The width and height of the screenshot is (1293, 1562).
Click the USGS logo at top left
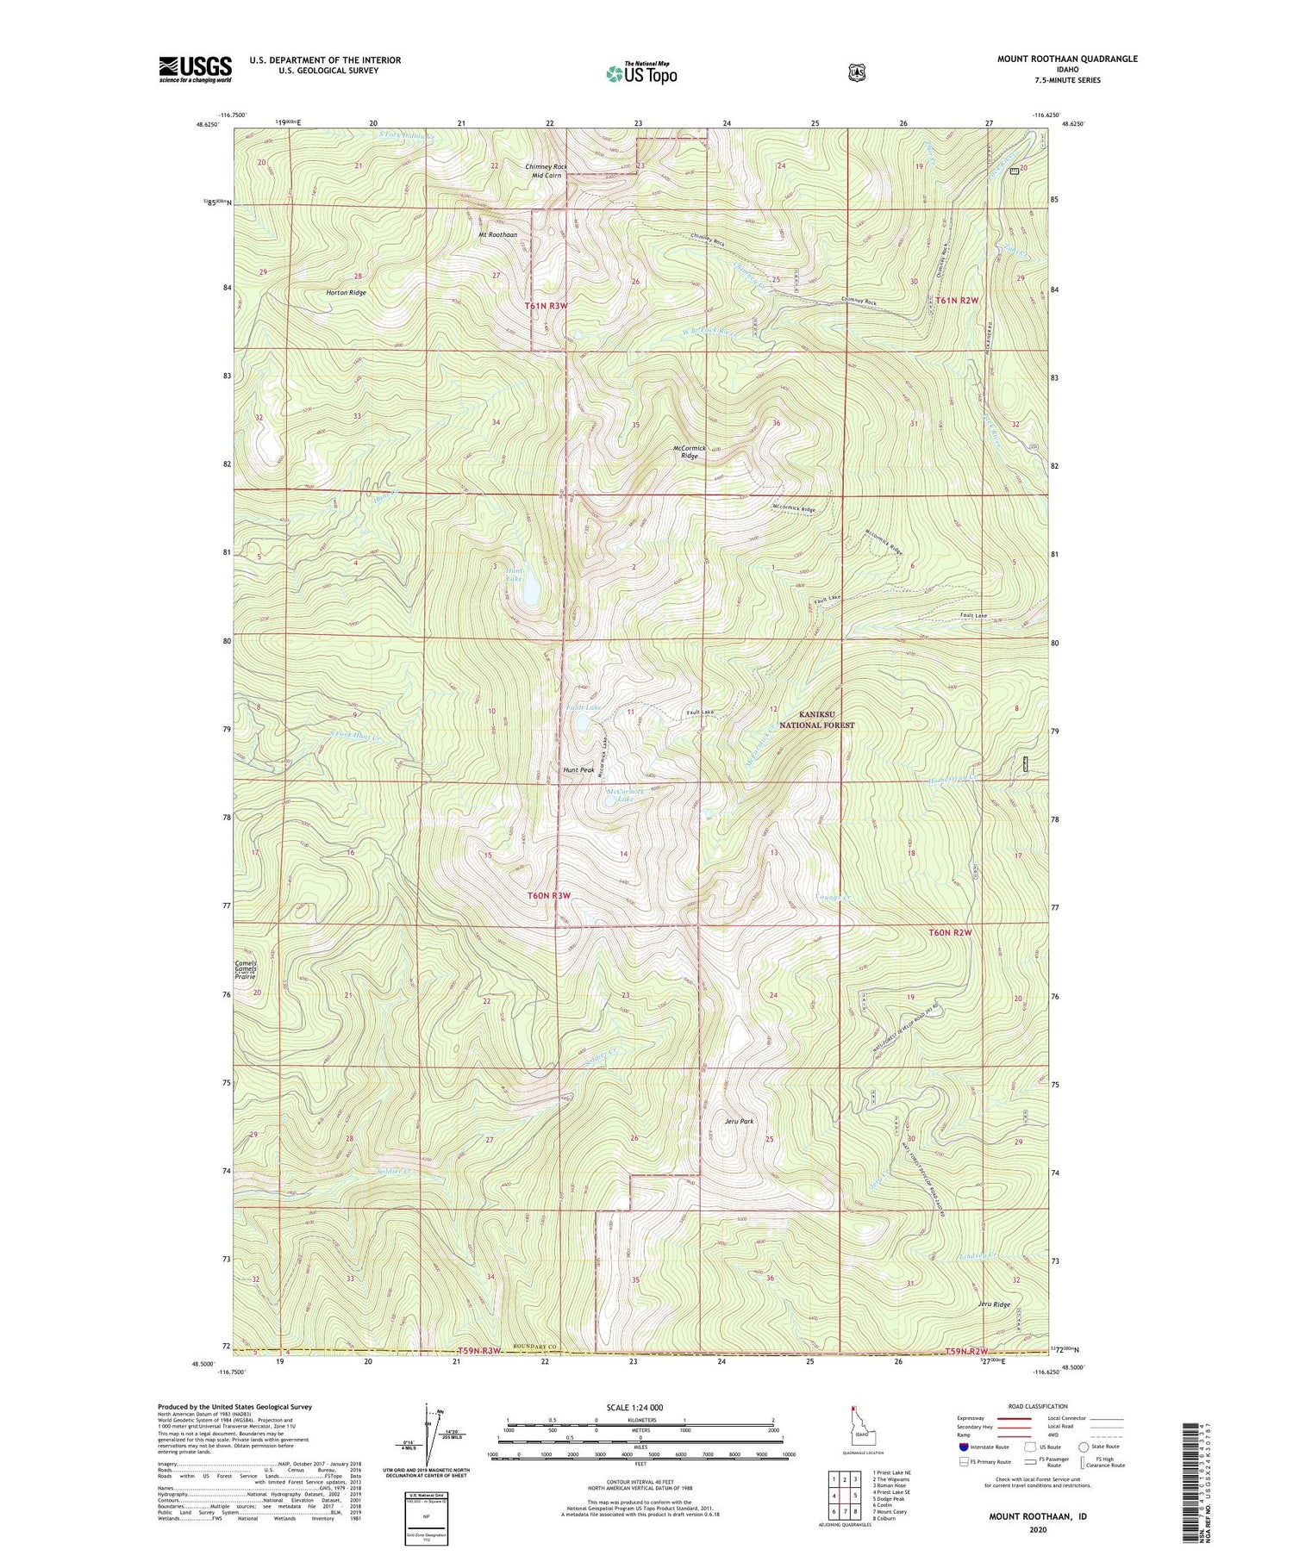pyautogui.click(x=195, y=69)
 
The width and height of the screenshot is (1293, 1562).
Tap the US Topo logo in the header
pyautogui.click(x=641, y=72)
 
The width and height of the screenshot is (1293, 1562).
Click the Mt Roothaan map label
pyautogui.click(x=498, y=234)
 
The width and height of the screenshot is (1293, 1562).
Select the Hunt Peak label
pyautogui.click(x=578, y=769)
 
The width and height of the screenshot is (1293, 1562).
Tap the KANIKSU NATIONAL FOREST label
pyautogui.click(x=816, y=719)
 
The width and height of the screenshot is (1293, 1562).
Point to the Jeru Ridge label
pyautogui.click(x=994, y=1304)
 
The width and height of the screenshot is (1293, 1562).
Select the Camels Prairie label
pyautogui.click(x=246, y=969)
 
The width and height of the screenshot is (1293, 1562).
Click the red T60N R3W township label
pyautogui.click(x=549, y=896)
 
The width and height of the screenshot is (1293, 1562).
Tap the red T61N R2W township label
pyautogui.click(x=957, y=300)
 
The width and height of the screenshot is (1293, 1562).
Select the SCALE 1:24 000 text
pyautogui.click(x=634, y=1407)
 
